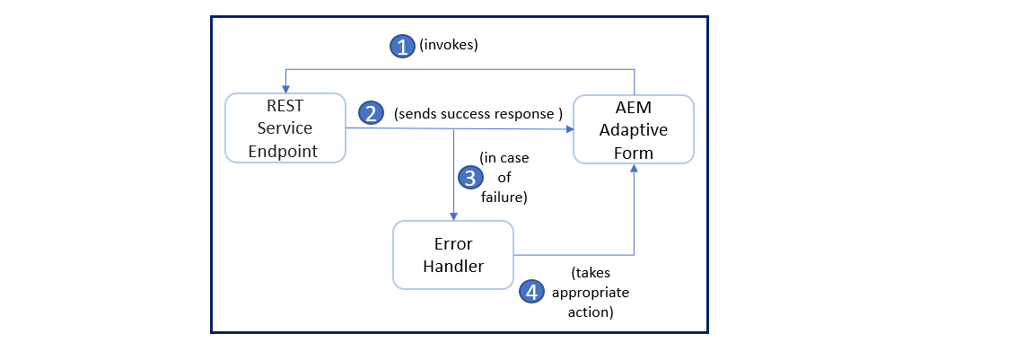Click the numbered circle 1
(x=402, y=47)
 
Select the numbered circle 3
(x=469, y=178)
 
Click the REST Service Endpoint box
(x=285, y=127)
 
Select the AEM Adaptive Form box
(x=634, y=129)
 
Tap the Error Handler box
(x=453, y=255)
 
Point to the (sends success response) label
(x=478, y=114)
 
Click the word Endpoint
(x=284, y=151)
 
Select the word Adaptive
(x=634, y=130)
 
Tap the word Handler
(x=453, y=267)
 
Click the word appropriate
(x=591, y=293)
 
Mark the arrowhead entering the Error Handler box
(x=454, y=216)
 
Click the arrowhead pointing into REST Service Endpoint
(x=286, y=89)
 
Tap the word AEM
(x=634, y=109)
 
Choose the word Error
(x=453, y=244)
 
